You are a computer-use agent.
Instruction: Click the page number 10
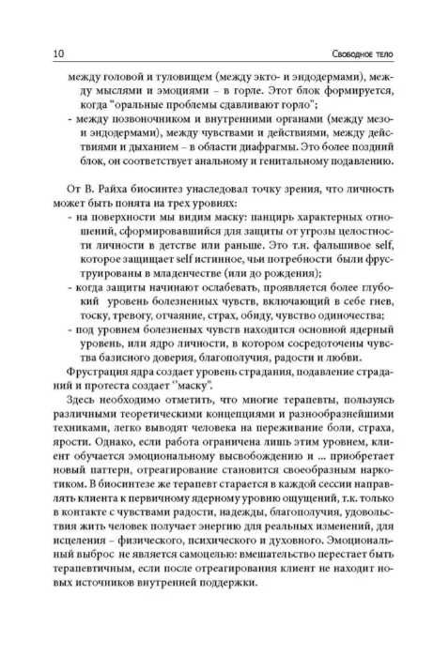point(42,49)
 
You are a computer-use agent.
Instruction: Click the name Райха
point(98,214)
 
